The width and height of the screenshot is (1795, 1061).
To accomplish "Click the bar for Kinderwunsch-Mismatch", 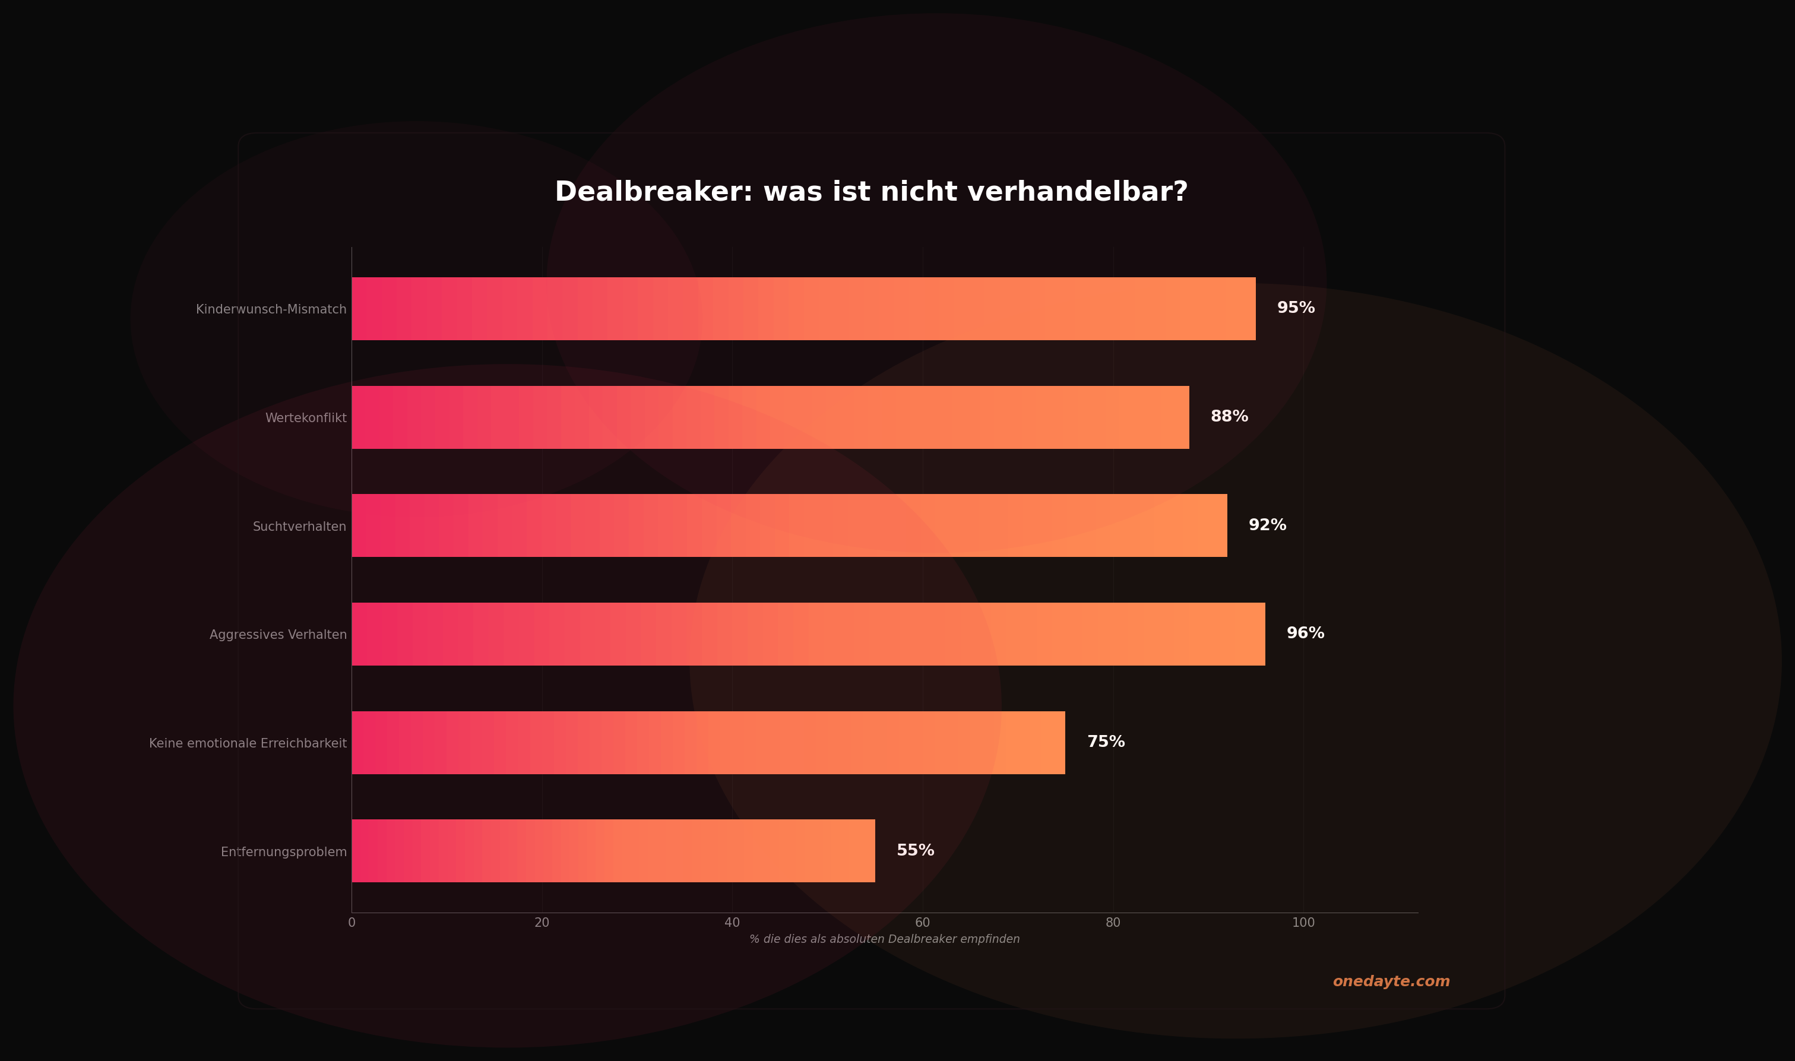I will tap(803, 309).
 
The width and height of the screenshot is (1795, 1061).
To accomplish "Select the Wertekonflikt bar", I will tap(770, 417).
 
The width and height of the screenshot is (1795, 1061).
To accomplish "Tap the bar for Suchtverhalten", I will tap(789, 525).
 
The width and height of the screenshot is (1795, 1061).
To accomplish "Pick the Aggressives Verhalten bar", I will tap(808, 634).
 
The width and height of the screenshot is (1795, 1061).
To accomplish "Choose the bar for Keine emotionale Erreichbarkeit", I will tap(708, 743).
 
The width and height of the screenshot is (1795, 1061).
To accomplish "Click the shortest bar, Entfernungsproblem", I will tap(613, 851).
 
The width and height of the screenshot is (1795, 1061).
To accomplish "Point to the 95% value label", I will tap(1295, 308).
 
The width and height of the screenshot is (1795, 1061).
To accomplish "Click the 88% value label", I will tap(1229, 417).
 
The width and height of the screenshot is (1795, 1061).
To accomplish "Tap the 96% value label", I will tap(1305, 634).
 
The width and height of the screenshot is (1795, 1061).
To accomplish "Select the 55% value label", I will tap(915, 851).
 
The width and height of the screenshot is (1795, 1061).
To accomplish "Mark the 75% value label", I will tap(1105, 742).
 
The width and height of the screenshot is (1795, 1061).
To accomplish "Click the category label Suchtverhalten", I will tap(299, 527).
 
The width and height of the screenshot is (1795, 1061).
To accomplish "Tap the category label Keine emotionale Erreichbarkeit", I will tap(248, 743).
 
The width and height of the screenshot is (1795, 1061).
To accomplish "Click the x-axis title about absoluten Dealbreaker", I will tap(884, 939).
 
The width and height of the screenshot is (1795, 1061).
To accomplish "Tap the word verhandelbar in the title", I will tap(1077, 192).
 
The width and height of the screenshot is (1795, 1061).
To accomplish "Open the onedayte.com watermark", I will tap(1391, 981).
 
